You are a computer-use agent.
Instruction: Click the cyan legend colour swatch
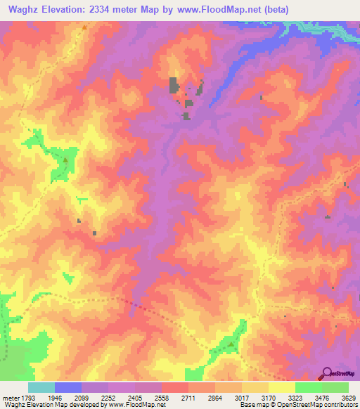[x=41, y=387]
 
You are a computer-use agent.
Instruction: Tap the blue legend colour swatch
[x=68, y=387]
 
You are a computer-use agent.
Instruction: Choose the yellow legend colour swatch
[x=281, y=387]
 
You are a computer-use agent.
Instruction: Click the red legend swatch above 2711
[x=175, y=387]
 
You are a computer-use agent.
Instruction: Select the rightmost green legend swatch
[x=335, y=387]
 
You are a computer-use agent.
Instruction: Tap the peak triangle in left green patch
[x=65, y=160]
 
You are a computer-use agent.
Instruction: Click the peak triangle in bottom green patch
[x=231, y=344]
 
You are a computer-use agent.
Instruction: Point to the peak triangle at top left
[x=84, y=27]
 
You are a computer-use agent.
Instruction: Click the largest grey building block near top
[x=174, y=86]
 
